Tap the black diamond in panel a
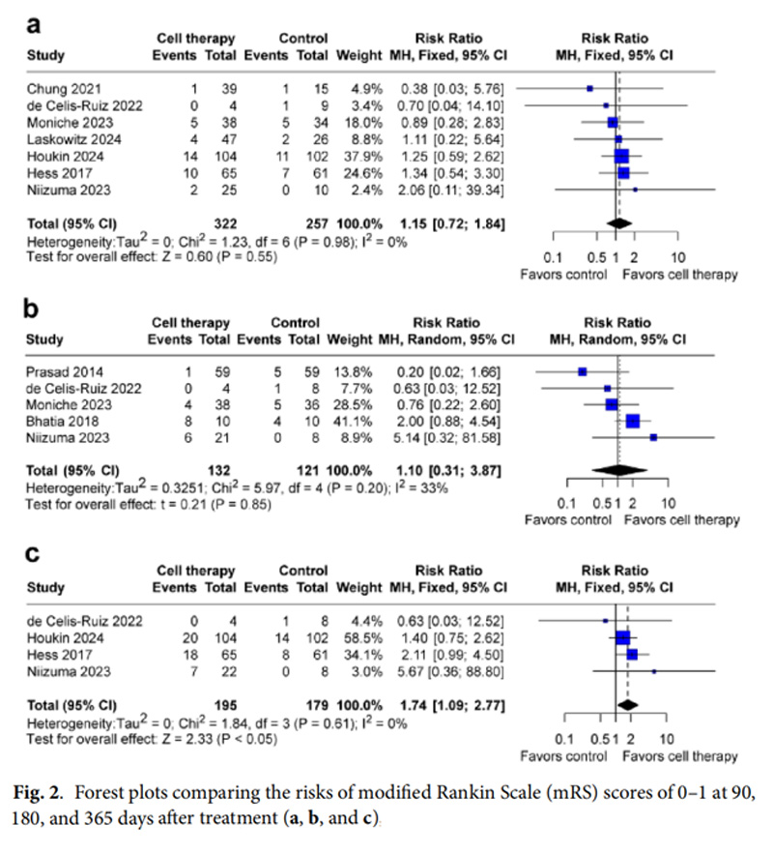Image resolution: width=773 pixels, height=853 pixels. (617, 222)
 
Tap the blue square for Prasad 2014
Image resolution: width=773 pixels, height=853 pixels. (583, 371)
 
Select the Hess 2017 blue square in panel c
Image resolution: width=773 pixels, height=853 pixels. (632, 654)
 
